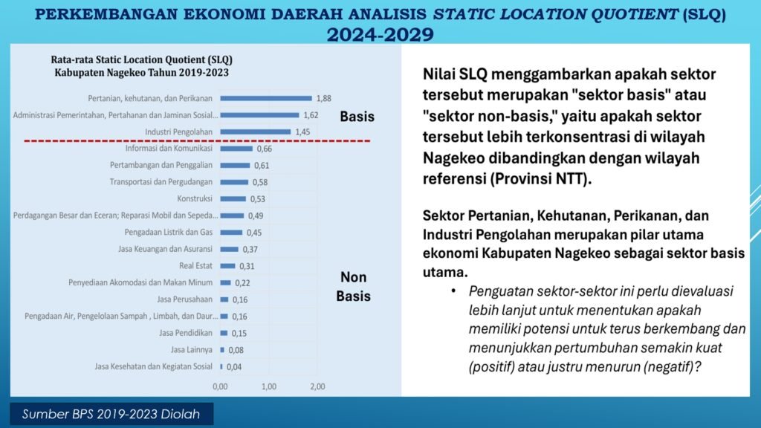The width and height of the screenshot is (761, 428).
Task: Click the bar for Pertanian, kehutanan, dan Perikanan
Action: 266,98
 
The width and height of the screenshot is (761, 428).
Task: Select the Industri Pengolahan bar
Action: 256,132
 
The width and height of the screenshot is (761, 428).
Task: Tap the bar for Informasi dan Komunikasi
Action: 236,149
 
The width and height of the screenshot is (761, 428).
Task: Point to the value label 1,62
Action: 311,115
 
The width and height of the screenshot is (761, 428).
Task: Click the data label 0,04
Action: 234,367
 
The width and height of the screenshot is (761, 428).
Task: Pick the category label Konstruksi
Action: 195,198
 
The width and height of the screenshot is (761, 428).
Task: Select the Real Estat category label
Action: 195,265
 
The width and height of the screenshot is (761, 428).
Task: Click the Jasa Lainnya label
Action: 191,349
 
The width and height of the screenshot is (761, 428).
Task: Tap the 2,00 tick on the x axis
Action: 317,386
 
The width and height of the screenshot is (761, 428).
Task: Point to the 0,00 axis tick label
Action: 220,386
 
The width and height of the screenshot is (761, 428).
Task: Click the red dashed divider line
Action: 197,140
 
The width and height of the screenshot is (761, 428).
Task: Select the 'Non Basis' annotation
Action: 353,286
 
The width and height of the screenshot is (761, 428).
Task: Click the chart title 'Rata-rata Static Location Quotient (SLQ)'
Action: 142,59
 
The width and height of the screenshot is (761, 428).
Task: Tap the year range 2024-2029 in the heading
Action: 380,34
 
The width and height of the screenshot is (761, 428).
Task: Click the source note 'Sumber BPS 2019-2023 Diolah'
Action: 111,414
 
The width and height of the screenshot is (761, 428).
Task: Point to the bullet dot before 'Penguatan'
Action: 453,291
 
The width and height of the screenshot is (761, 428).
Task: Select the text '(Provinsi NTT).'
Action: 541,179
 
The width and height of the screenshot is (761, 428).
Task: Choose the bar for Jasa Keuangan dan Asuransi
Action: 230,249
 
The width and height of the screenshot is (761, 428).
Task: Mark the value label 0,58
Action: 259,182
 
